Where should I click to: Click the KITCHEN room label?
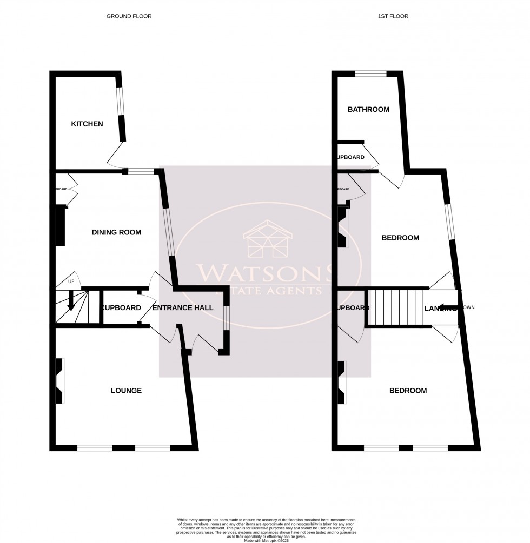click(87, 124)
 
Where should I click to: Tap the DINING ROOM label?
click(116, 233)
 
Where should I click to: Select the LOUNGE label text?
click(126, 391)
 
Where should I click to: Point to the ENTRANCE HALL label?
click(183, 308)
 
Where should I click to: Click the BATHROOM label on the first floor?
click(368, 110)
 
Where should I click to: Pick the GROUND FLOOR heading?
click(129, 16)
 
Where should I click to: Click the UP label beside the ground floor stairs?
click(71, 282)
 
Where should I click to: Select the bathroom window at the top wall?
click(370, 74)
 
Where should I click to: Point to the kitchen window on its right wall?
click(122, 101)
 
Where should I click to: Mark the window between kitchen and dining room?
click(141, 172)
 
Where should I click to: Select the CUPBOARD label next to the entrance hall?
click(121, 308)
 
